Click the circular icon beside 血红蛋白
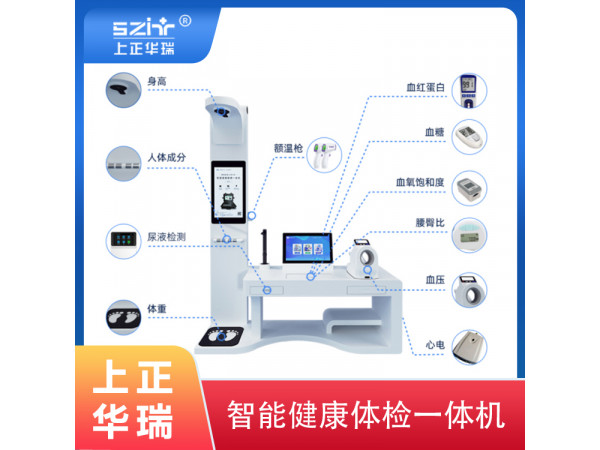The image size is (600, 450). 469,89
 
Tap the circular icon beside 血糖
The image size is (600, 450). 469,136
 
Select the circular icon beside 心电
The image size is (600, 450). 469,347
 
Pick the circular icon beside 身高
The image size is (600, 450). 124,91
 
